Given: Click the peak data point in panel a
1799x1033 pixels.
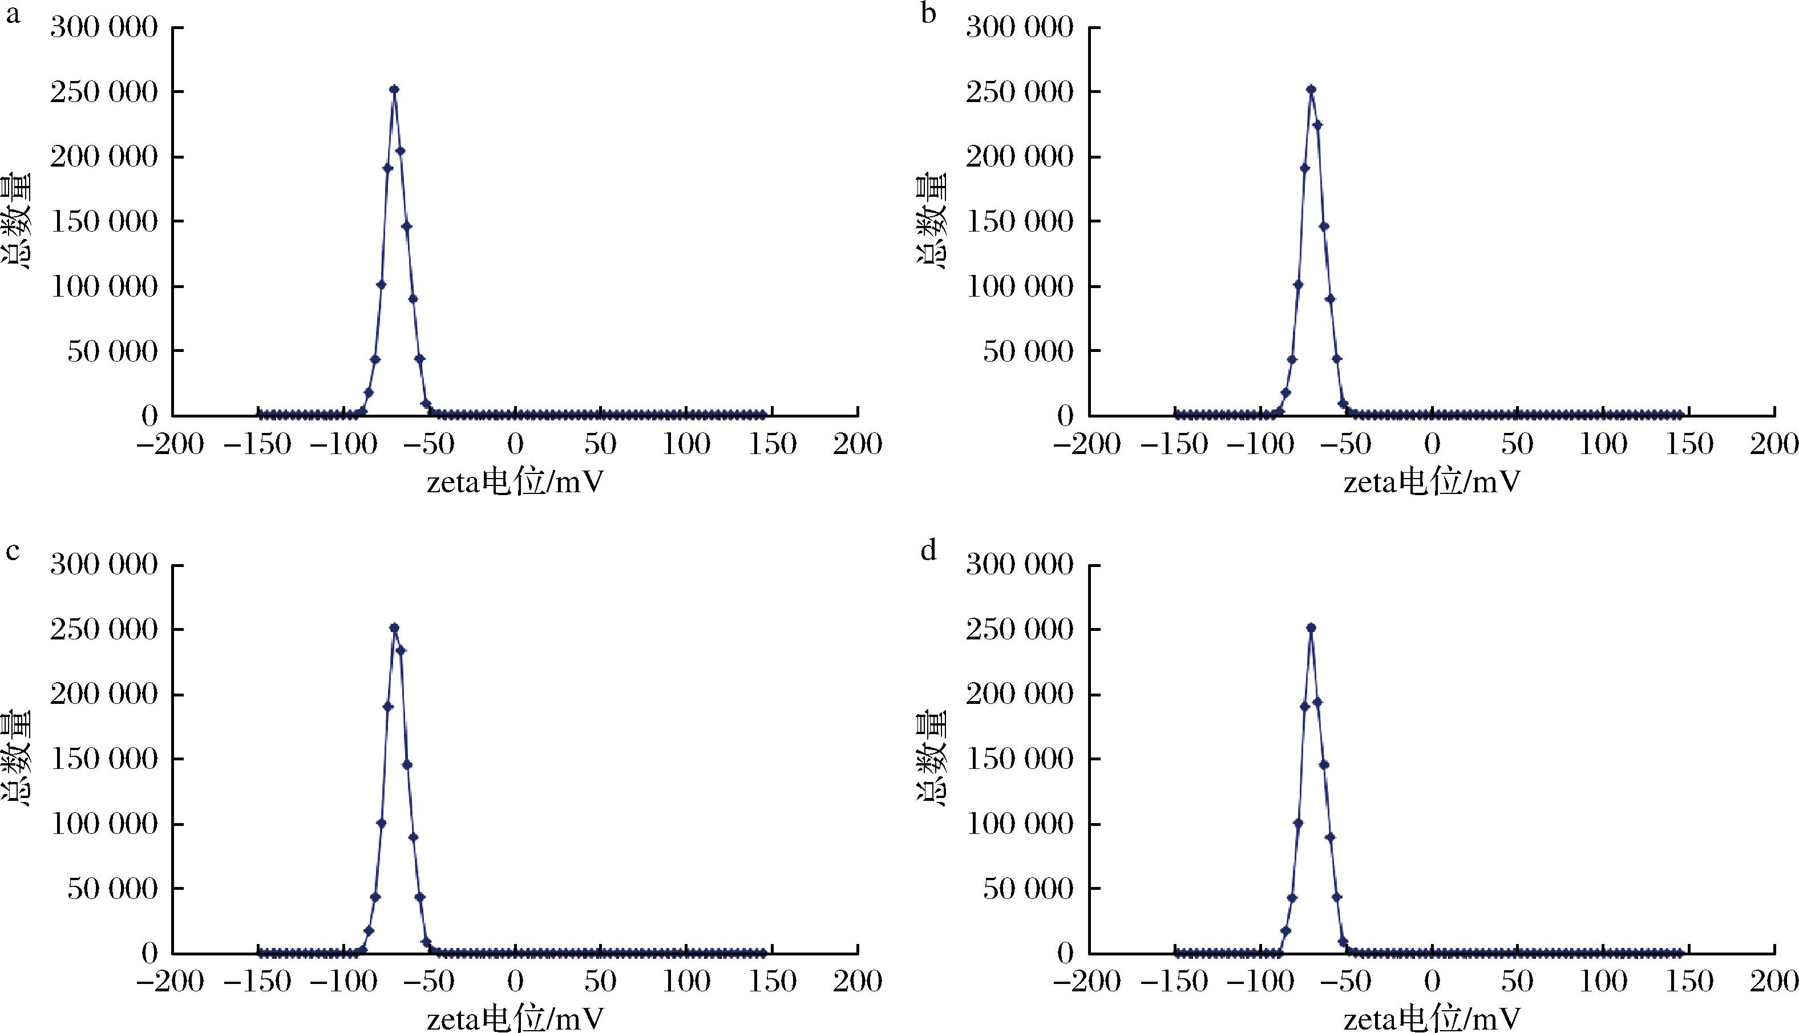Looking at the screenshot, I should pyautogui.click(x=394, y=90).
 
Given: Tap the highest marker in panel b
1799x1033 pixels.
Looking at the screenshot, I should pyautogui.click(x=1311, y=90).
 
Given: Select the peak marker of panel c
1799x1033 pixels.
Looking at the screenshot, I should pyautogui.click(x=394, y=628).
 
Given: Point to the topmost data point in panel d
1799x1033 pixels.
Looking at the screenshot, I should pyautogui.click(x=1311, y=628).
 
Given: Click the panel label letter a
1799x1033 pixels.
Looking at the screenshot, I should pyautogui.click(x=13, y=14).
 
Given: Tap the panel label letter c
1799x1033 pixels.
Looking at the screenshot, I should pyautogui.click(x=13, y=551).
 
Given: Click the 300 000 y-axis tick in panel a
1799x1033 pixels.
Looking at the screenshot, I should pyautogui.click(x=104, y=28).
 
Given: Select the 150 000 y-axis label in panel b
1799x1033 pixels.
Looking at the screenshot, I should pyautogui.click(x=1020, y=221).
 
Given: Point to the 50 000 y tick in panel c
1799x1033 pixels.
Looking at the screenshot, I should pyautogui.click(x=112, y=888).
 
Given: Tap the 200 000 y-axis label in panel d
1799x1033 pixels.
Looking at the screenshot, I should pyautogui.click(x=1020, y=694).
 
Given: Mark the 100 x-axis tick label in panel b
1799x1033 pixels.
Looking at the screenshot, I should pyautogui.click(x=1603, y=444).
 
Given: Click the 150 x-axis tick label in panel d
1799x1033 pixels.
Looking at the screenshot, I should pyautogui.click(x=1688, y=981).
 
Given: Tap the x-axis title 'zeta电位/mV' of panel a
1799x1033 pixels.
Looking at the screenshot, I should pyautogui.click(x=515, y=483).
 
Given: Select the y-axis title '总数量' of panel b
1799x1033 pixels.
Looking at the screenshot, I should pyautogui.click(x=931, y=221).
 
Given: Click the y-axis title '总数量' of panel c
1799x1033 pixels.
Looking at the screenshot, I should pyautogui.click(x=15, y=759).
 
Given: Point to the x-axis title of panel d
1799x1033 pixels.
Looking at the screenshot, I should pyautogui.click(x=1432, y=1019).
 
